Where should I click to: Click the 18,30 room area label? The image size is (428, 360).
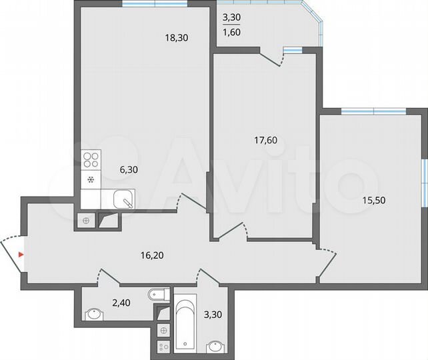177,38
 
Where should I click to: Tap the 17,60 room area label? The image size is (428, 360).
265,140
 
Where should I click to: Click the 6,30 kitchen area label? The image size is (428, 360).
128,169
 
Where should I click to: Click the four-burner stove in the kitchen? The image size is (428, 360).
91,160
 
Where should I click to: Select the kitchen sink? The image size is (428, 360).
123,199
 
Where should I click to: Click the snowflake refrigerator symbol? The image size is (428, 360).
91,179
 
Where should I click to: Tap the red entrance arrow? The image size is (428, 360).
21,255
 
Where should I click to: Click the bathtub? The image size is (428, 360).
184,325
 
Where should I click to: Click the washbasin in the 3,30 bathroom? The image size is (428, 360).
215,346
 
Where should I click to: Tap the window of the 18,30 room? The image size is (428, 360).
155,4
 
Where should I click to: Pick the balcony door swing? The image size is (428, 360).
273,59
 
